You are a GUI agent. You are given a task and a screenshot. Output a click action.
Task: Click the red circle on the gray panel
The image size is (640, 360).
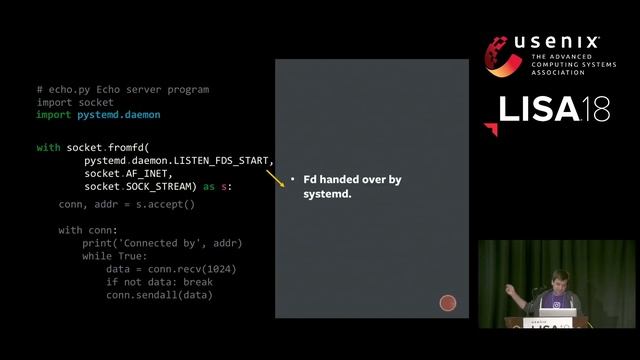click(x=448, y=303)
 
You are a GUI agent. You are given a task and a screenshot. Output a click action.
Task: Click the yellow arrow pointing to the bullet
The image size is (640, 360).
click(x=275, y=179)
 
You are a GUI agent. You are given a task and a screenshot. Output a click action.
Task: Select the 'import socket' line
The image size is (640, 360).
click(x=75, y=102)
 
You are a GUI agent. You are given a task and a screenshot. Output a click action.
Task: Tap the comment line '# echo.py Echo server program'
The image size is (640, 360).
click(x=123, y=89)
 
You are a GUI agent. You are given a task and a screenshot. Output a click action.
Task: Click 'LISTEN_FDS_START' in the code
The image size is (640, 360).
click(x=225, y=160)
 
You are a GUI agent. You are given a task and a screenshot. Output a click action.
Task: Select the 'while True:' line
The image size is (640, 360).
click(x=114, y=256)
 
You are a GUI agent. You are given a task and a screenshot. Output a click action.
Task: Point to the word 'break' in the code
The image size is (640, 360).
click(x=198, y=282)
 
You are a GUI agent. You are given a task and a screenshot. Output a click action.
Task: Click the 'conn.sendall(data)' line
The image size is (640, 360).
click(x=159, y=295)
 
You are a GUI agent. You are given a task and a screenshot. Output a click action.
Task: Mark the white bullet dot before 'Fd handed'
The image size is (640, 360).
click(x=293, y=180)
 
